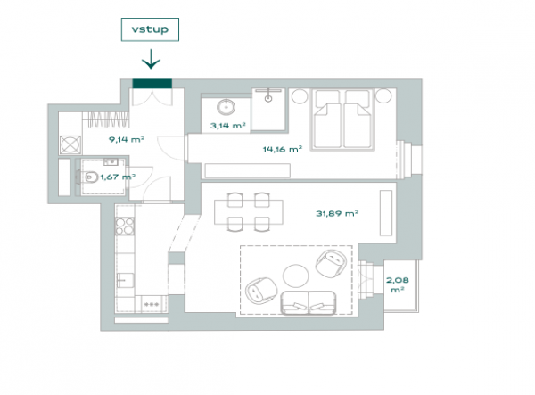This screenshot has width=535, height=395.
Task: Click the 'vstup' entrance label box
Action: click(150, 29)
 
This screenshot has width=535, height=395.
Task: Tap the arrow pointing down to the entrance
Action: click(151, 59)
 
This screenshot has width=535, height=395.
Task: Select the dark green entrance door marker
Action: click(152, 84)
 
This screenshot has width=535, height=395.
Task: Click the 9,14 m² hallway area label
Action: click(127, 139)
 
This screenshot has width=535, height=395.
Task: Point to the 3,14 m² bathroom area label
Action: click(228, 126)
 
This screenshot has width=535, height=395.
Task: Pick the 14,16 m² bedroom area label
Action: click(283, 149)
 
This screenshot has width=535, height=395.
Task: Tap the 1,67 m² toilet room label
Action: click(118, 177)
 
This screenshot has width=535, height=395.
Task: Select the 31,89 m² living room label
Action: click(337, 213)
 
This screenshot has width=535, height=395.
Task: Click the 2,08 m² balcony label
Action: click(398, 284)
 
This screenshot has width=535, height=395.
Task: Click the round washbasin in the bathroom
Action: click(226, 107)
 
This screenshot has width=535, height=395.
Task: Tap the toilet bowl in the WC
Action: click(89, 177)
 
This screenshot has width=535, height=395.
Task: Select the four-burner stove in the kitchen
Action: click(125, 226)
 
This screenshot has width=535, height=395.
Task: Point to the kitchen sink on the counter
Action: click(125, 280)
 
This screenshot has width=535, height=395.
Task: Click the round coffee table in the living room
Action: click(296, 276)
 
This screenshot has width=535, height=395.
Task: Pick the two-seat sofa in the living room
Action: click(308, 303)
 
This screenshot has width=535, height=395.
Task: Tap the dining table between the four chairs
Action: click(249, 212)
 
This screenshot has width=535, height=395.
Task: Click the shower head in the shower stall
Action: click(268, 98)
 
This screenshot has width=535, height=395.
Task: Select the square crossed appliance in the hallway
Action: click(70, 145)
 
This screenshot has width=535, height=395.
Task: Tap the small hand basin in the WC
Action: click(111, 161)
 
